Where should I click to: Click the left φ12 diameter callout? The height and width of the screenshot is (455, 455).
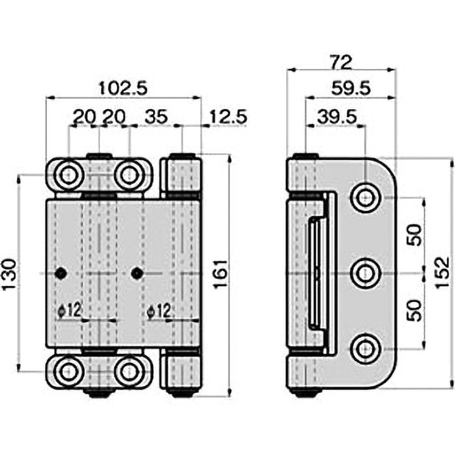pos(70,311)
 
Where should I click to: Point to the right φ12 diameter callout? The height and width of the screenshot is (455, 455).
pos(159,311)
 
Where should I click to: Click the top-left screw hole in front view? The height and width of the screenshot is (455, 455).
pos(69,175)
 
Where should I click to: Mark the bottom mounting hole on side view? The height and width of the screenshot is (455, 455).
pos(364,349)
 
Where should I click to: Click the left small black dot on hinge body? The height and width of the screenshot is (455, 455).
pos(60,274)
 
